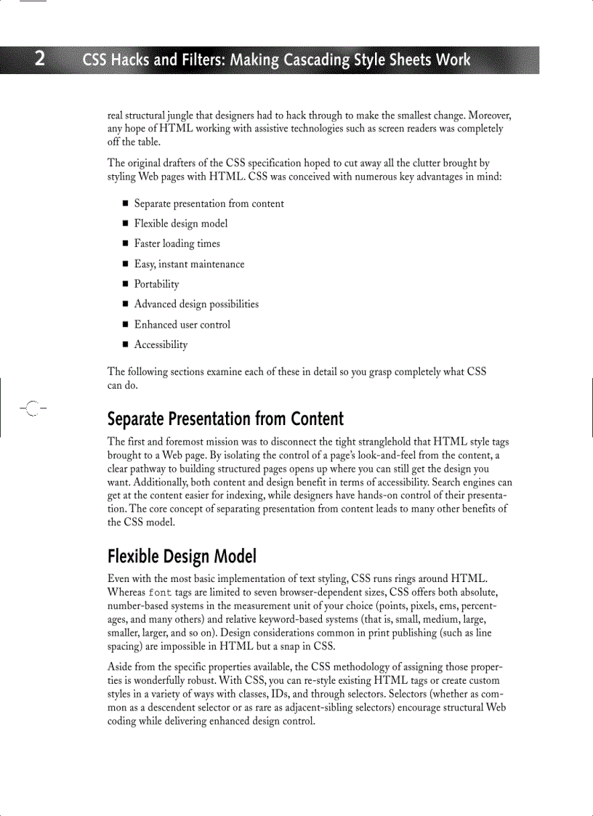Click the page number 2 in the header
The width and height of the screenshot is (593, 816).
point(40,59)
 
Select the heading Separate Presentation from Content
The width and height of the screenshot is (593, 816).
point(225,419)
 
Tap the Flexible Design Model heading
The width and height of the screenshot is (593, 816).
point(182,557)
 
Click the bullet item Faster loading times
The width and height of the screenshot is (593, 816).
point(177,243)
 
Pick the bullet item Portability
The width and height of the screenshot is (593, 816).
point(156,284)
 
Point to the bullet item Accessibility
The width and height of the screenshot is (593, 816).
point(161,344)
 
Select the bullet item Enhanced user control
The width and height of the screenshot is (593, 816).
point(182,324)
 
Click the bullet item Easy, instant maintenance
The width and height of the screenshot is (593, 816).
point(189,264)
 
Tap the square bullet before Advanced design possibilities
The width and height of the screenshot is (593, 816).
point(125,304)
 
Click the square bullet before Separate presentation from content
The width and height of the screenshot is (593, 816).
point(125,204)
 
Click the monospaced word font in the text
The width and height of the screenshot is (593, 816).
point(160,593)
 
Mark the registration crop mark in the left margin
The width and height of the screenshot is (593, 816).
point(31,408)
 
